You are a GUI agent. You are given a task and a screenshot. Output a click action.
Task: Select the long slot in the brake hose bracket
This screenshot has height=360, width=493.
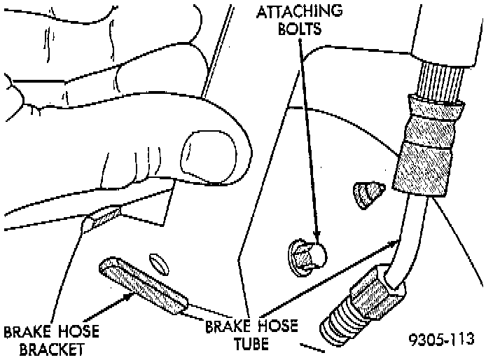coord(144,286)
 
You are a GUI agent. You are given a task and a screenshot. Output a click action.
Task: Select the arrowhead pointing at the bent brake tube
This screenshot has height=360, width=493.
coord(397,242)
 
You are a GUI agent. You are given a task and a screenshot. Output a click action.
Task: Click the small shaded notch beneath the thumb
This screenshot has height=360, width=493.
coord(102,219)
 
